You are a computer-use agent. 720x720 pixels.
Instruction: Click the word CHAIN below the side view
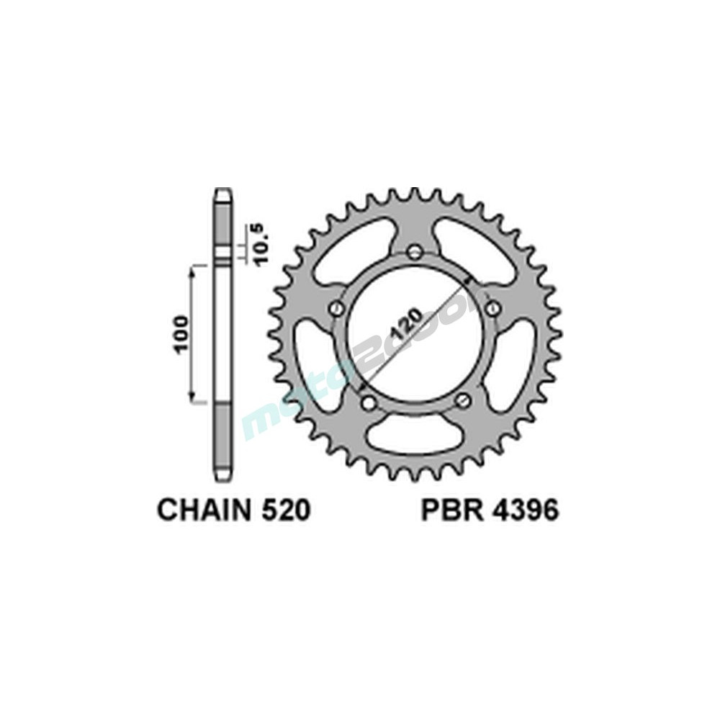(202, 510)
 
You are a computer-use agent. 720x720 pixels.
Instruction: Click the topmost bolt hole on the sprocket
(414, 252)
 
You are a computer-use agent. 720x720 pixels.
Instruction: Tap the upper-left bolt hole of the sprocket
(336, 308)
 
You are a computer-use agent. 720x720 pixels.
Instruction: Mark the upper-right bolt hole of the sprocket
(492, 308)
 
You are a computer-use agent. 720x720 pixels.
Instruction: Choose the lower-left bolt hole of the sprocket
(366, 400)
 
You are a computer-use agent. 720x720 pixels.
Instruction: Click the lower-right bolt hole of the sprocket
(463, 400)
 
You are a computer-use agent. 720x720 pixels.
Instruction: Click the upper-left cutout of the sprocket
(349, 248)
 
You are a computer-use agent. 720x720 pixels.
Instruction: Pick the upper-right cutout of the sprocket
(479, 248)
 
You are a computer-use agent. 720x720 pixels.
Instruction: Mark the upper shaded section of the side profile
(223, 227)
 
